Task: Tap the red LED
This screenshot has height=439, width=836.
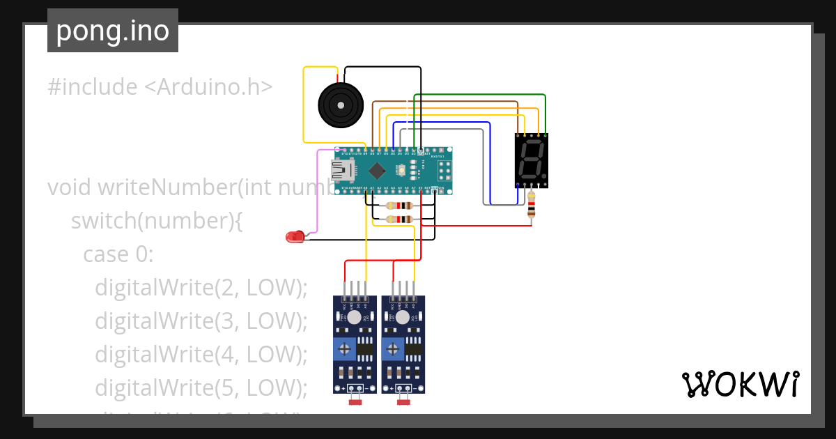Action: point(294,237)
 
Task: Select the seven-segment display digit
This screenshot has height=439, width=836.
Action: point(531,161)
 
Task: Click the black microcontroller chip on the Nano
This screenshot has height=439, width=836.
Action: point(377,170)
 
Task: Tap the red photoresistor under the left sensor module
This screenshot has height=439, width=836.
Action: point(355,401)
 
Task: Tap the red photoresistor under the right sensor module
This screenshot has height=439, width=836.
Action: point(403,401)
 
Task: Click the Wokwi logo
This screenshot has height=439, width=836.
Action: point(740,384)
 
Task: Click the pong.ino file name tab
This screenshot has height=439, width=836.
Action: point(113,31)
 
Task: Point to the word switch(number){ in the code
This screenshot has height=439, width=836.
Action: point(156,221)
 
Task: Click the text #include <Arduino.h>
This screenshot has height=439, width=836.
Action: point(160,87)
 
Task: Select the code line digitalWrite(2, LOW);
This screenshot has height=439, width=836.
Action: point(201,288)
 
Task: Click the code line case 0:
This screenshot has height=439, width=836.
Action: point(118,254)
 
